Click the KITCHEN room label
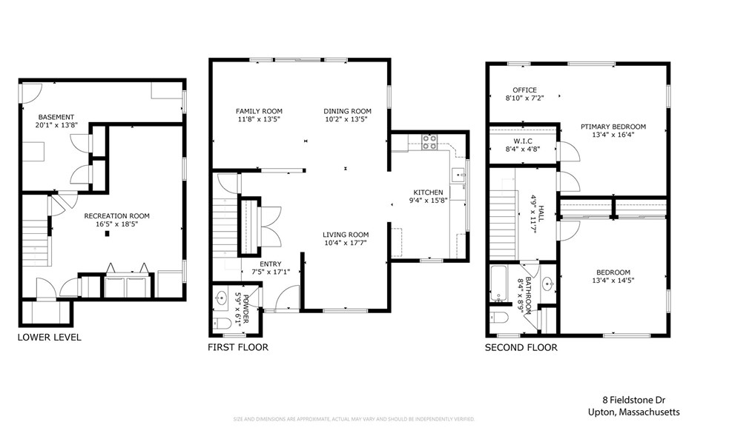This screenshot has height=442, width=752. point(428,192)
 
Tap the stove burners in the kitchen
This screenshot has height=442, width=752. point(429,141)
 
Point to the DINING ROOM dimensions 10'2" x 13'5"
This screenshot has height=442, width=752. point(347,119)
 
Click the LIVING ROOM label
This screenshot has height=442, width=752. point(346,235)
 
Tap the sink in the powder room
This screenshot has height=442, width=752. point(221,298)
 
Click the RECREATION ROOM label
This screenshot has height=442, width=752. point(116,216)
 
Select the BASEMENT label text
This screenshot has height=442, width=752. point(56,117)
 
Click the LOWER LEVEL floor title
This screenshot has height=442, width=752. point(50,338)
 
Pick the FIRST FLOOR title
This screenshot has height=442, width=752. point(238,347)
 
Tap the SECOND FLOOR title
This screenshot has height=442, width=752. point(521,347)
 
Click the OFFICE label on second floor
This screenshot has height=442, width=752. point(524,90)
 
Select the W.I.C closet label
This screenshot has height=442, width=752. point(524,141)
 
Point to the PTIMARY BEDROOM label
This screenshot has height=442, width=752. point(613,127)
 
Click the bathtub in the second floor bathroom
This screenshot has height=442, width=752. point(498,284)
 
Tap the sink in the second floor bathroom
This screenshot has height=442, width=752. point(548,283)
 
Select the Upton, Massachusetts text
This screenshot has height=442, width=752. point(633,412)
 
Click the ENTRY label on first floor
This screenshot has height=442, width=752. point(270,264)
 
